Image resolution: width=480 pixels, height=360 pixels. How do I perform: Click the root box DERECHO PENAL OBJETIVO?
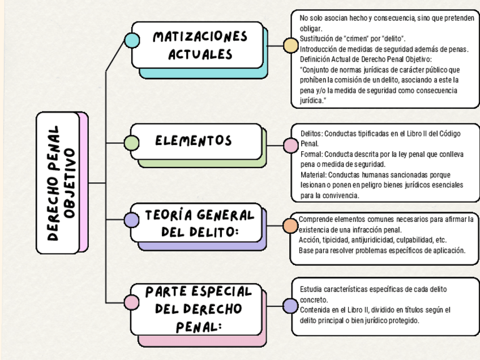[62, 183]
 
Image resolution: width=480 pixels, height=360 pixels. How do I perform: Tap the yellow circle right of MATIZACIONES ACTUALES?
[290, 46]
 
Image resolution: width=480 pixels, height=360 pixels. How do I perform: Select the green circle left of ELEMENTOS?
[131, 143]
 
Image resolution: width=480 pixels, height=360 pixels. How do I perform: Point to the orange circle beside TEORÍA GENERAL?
[290, 226]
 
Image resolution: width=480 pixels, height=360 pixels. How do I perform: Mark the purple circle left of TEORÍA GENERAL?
[131, 220]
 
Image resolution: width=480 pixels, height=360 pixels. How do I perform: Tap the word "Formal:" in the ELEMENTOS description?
[312, 154]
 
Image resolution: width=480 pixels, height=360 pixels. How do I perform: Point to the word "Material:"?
[314, 175]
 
